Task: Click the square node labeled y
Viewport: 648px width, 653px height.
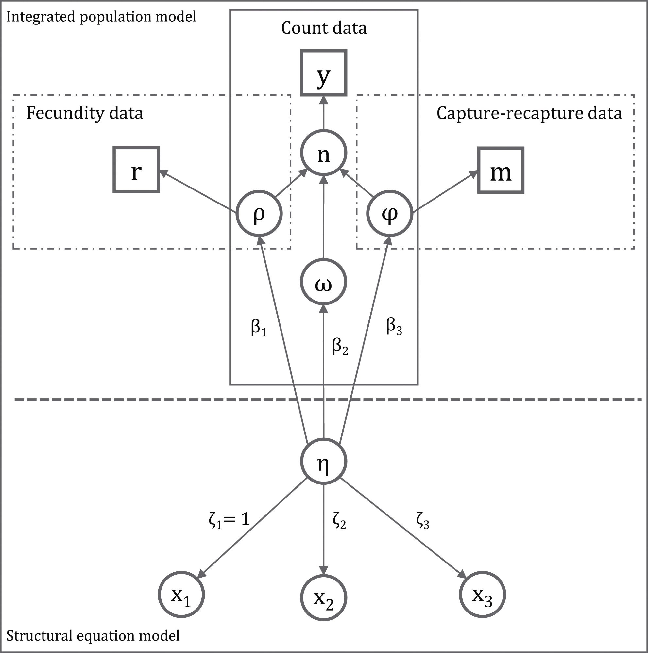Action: [x=324, y=73]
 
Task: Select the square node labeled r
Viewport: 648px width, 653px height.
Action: [x=136, y=170]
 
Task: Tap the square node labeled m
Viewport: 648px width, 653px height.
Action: [x=501, y=170]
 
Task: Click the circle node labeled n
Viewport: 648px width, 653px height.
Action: [x=324, y=153]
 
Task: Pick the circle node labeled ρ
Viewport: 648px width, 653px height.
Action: [x=259, y=213]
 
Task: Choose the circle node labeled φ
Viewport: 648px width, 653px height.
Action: [x=390, y=213]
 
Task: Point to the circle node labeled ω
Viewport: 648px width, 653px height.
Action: [x=323, y=282]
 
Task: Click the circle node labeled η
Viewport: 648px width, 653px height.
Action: [x=324, y=461]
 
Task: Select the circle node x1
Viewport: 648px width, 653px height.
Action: [x=181, y=595]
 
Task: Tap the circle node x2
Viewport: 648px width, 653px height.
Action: [x=324, y=597]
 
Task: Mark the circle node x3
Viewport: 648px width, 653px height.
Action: [x=482, y=595]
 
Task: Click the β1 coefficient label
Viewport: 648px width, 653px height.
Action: [x=259, y=328]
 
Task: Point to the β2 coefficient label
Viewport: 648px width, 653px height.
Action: [x=340, y=347]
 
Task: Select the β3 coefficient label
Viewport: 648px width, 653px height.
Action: [x=394, y=327]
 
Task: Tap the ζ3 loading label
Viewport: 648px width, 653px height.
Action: [x=422, y=521]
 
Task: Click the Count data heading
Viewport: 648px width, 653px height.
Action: [x=324, y=28]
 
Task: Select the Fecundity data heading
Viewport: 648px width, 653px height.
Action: [x=85, y=113]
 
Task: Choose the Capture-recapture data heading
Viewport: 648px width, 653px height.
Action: [x=529, y=113]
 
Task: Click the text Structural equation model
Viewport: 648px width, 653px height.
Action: [x=93, y=636]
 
